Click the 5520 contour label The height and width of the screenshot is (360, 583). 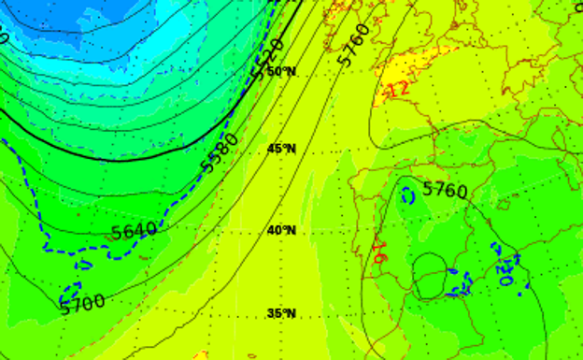[268, 59]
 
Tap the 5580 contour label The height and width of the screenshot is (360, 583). [221, 151]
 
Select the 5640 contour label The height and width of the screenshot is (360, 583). [133, 230]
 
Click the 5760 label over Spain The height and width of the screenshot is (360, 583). [444, 190]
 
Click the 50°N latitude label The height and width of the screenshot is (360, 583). [281, 72]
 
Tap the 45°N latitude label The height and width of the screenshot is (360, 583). [281, 149]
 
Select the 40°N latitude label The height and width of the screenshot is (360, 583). [281, 230]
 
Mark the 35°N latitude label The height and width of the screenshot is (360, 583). [281, 312]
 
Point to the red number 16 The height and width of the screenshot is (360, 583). [379, 252]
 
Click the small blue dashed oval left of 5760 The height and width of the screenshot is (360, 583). [408, 196]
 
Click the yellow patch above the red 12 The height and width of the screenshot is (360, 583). [411, 65]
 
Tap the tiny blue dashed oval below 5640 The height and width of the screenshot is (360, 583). [86, 265]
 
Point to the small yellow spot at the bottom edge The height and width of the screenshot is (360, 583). [201, 355]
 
